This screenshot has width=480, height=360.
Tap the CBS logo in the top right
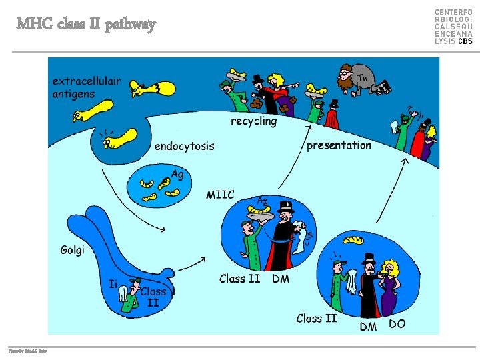[x=453, y=27]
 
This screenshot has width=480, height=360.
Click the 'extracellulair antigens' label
[x=87, y=87]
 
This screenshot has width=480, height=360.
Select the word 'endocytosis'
[x=184, y=146]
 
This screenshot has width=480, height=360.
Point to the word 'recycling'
[x=253, y=121]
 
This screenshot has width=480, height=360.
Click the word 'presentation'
[x=339, y=145]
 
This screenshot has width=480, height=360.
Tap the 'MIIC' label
[x=220, y=195]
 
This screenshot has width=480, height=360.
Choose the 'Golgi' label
[x=72, y=251]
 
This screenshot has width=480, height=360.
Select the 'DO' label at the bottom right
[x=397, y=324]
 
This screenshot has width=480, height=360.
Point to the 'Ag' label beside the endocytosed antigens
[x=177, y=175]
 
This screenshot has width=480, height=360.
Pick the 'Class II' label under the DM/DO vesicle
[x=317, y=319]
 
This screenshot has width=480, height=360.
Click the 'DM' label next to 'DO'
[x=368, y=326]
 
